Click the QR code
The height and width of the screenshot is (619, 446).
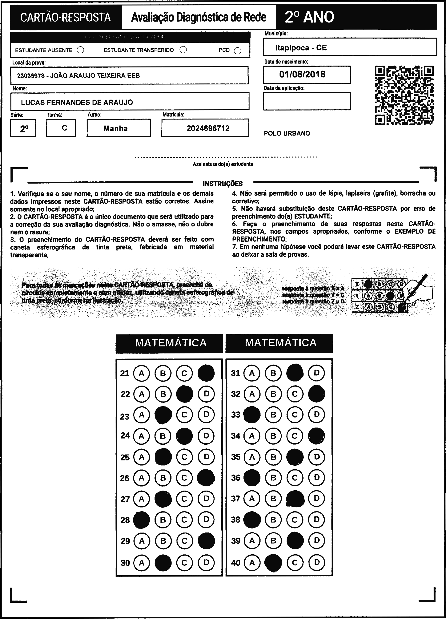[404, 95]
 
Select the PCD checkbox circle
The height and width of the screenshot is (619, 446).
[238, 51]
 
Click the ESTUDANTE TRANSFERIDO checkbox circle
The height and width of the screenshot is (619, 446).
[183, 50]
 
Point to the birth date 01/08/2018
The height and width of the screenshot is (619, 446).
[302, 74]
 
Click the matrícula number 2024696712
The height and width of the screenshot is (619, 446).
[208, 128]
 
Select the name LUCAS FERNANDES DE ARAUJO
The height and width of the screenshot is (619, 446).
[77, 102]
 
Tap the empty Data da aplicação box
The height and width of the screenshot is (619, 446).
[307, 101]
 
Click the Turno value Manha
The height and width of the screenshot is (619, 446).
[115, 128]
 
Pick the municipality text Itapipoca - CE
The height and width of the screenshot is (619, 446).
[301, 48]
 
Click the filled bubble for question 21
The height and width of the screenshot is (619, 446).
[206, 373]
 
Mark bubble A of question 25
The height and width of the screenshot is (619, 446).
[141, 457]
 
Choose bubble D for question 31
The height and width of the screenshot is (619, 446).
[316, 373]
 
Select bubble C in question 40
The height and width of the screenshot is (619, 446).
[295, 563]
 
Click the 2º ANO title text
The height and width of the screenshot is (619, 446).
[309, 17]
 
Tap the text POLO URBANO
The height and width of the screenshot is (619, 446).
[287, 133]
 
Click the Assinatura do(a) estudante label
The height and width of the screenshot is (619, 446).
[223, 164]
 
